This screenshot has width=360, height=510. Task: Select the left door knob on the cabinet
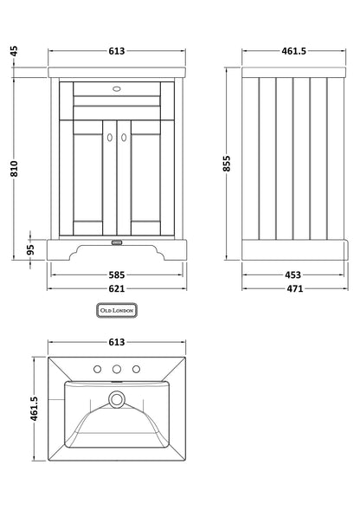point(111,135)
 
